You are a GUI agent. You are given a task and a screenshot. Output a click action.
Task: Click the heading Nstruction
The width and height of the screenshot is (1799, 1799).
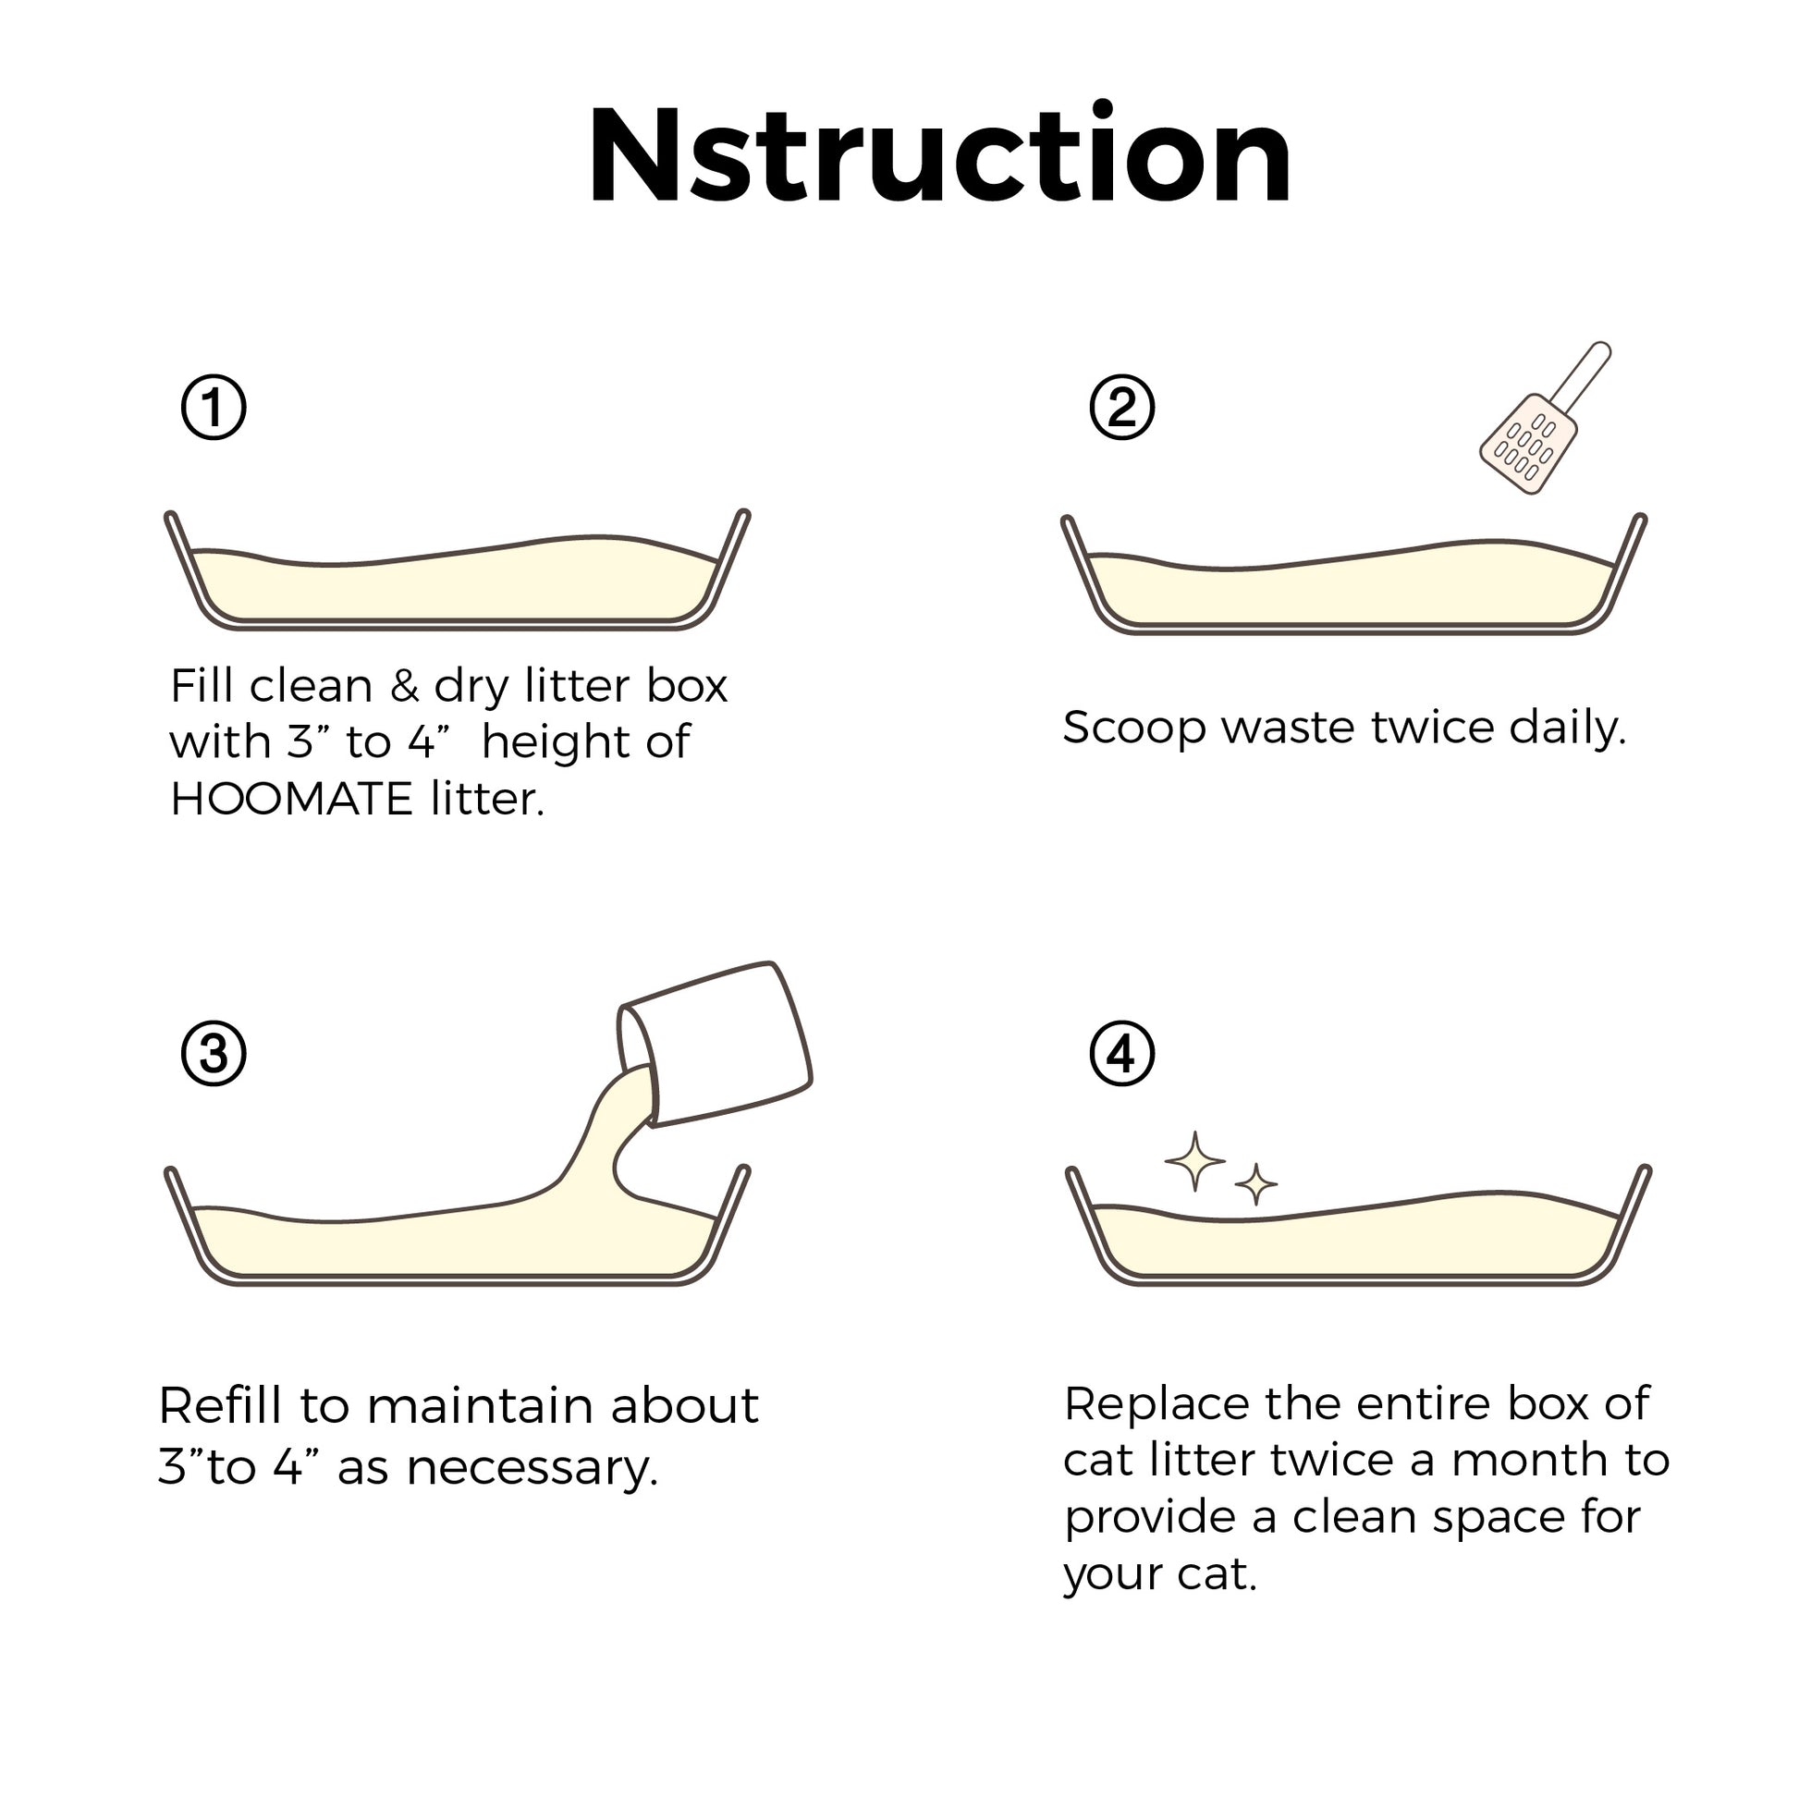pyautogui.click(x=938, y=153)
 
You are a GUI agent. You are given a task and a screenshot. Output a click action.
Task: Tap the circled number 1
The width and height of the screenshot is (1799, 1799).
pyautogui.click(x=214, y=407)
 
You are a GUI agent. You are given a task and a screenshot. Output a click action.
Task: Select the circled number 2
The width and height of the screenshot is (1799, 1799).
pyautogui.click(x=1122, y=407)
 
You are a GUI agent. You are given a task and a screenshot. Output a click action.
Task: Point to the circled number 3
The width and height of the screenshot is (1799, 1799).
pyautogui.click(x=214, y=1054)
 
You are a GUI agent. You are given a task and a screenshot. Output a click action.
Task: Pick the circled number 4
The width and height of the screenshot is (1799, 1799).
pyautogui.click(x=1122, y=1054)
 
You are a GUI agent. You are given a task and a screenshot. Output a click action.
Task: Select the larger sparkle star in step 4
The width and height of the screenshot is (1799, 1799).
pyautogui.click(x=1194, y=1161)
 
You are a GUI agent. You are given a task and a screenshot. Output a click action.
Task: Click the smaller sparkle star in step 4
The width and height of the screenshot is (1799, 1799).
pyautogui.click(x=1256, y=1183)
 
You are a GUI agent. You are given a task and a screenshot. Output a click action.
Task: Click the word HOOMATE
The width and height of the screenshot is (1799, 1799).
pyautogui.click(x=291, y=799)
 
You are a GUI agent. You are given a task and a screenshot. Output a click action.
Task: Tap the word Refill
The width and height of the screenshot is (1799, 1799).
pyautogui.click(x=222, y=1405)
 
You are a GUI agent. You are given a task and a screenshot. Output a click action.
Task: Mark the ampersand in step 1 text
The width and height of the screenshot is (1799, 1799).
pyautogui.click(x=404, y=686)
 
